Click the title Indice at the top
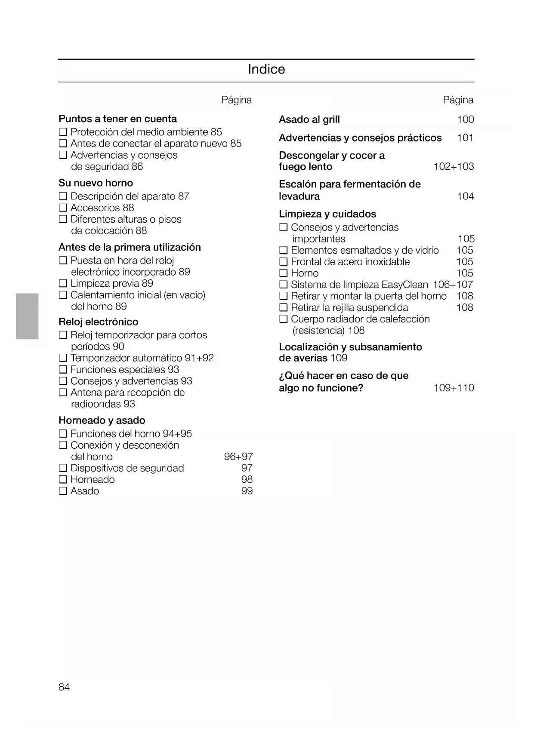click(x=266, y=69)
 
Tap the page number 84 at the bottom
click(x=64, y=687)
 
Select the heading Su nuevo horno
click(x=96, y=183)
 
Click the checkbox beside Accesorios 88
click(x=63, y=208)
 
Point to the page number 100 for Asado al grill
click(x=465, y=120)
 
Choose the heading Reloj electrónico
click(x=98, y=322)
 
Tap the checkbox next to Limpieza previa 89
click(x=63, y=284)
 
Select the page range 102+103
click(x=454, y=167)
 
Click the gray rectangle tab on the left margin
click(x=27, y=316)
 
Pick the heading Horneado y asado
click(x=102, y=420)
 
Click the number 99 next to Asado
click(x=247, y=491)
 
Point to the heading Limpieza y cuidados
click(x=327, y=214)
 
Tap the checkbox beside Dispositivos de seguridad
click(x=63, y=468)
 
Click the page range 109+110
click(x=454, y=388)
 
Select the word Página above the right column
click(x=458, y=100)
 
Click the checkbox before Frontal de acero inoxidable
click(x=283, y=262)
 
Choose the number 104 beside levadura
click(x=465, y=196)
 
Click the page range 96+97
click(x=238, y=457)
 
